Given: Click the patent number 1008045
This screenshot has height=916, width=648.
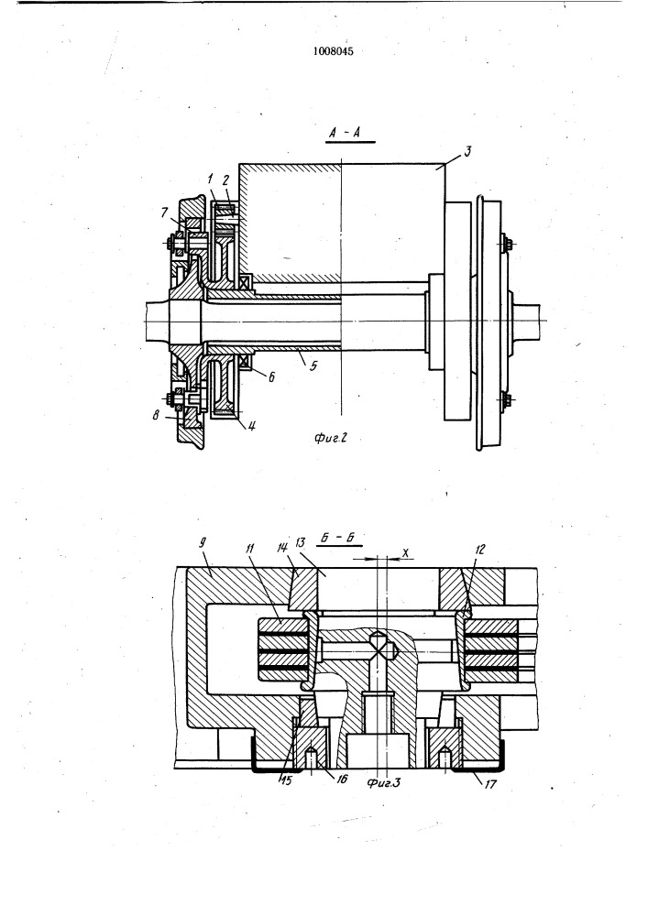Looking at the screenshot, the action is coord(333,51).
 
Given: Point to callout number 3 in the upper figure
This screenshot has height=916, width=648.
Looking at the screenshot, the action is coord(467,152).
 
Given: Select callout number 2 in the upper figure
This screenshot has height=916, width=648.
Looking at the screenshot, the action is coord(225,180).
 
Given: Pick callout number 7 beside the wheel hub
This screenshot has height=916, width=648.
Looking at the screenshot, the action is coord(165,213).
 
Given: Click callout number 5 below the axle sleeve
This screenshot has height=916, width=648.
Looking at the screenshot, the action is coord(313,366).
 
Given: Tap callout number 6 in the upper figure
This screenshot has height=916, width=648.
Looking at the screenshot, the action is coord(271,377).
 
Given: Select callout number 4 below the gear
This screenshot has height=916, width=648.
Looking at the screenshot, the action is coord(252,426).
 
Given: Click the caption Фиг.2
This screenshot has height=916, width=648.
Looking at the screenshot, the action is coord(331,438).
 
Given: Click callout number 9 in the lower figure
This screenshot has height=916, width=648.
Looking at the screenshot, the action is coord(203,542).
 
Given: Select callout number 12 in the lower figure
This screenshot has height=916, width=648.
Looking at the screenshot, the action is coord(481,549).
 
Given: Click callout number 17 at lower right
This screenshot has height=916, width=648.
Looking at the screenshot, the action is coord(490,783).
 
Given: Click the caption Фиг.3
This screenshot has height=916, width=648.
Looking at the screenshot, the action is coord(383,782).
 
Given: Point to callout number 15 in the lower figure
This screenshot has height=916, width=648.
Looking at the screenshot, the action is coord(286,779).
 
